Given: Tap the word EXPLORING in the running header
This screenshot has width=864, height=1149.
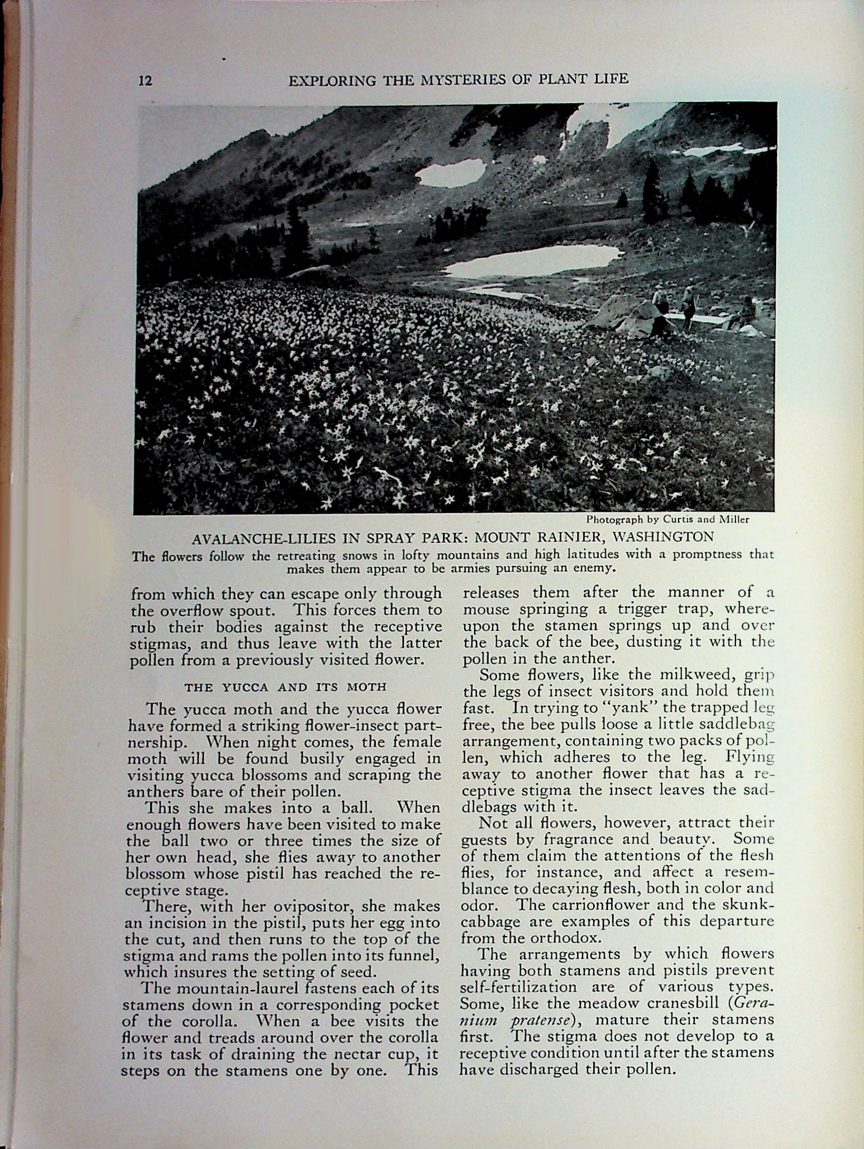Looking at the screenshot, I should (x=329, y=80).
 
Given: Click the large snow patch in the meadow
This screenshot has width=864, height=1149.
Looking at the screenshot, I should (x=532, y=260).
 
